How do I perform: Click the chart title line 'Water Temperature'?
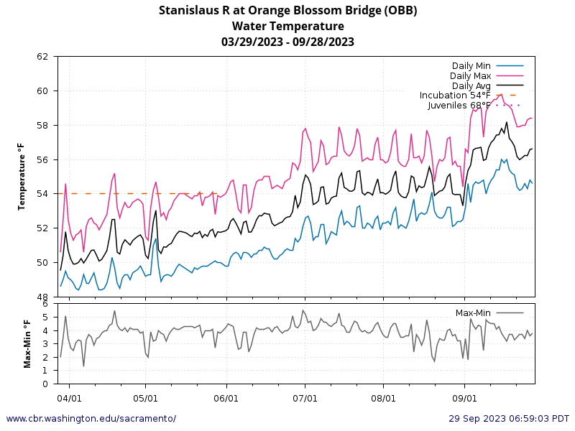click(287, 26)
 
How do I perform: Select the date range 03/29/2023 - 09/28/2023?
click(287, 42)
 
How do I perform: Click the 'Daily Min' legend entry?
click(472, 66)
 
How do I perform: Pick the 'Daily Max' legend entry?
click(470, 75)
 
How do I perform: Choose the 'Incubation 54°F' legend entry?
click(455, 96)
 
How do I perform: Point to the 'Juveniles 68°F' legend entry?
click(459, 106)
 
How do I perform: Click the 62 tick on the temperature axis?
click(42, 56)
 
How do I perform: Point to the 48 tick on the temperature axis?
click(42, 297)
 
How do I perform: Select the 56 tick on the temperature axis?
click(42, 159)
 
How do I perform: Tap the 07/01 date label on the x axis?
click(305, 397)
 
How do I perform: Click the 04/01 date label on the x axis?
click(69, 397)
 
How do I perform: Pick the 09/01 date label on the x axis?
click(464, 397)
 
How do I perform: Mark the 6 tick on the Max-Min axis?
click(45, 305)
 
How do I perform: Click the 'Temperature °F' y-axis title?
click(22, 176)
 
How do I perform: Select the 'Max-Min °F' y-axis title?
click(28, 344)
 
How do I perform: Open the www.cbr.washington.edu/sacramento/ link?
click(91, 418)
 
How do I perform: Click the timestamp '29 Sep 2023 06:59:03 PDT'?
click(509, 418)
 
